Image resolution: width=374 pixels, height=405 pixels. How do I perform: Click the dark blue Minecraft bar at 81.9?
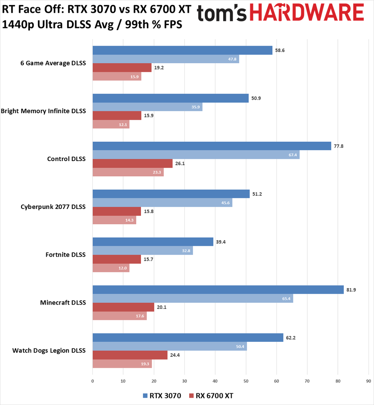click(218, 290)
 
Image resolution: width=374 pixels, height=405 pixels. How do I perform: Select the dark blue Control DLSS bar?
click(212, 146)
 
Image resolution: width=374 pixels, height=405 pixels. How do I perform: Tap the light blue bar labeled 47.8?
click(166, 59)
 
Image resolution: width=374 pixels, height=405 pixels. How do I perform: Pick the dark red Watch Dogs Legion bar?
click(130, 355)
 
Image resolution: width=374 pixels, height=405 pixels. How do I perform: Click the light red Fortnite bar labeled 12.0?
click(111, 268)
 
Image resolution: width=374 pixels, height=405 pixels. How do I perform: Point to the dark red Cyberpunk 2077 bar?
click(117, 211)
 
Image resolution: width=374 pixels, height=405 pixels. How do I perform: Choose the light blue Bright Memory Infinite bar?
click(147, 107)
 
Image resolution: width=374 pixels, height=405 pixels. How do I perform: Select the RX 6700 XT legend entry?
click(211, 396)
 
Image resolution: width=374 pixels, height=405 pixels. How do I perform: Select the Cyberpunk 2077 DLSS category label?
click(53, 207)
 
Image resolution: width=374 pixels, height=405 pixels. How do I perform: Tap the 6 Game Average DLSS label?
click(53, 63)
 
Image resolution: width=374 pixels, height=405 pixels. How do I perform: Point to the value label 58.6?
click(280, 50)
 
